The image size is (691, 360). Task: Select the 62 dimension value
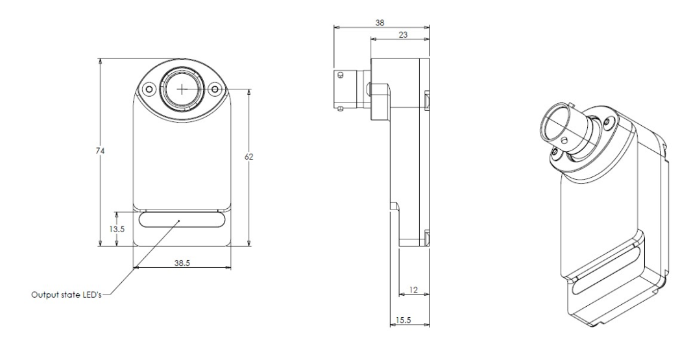[250, 157]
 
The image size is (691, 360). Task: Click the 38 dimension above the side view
[380, 22]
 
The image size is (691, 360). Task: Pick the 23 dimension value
[402, 35]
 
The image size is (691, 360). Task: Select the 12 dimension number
[413, 291]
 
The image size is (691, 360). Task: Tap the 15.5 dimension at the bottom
[404, 320]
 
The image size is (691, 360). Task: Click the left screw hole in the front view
[149, 89]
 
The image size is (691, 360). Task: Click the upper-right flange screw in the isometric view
[607, 123]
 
